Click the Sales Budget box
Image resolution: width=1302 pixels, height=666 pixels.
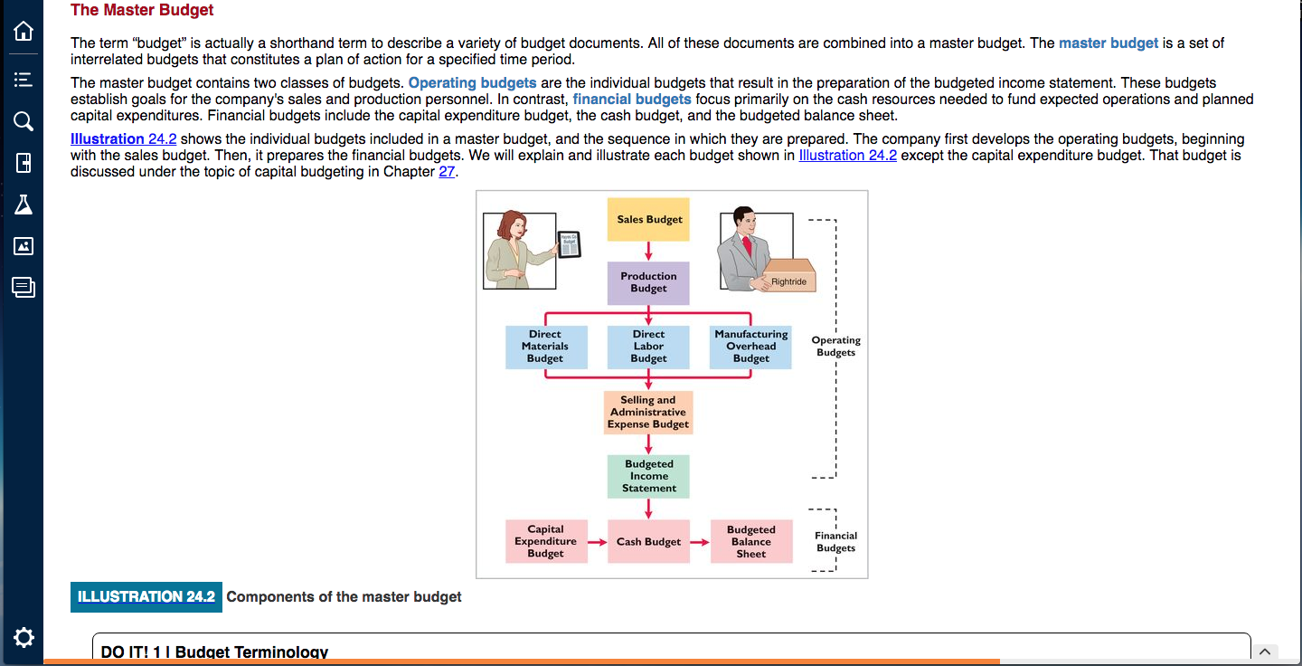pos(648,219)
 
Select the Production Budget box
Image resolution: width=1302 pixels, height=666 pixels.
pos(648,282)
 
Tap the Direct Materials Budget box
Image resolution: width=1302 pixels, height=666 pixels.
pos(546,347)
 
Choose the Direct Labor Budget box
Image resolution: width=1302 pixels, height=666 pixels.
pos(648,347)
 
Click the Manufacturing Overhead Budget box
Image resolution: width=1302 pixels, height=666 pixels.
pos(750,347)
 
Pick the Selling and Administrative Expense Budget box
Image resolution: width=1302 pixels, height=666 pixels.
pos(648,413)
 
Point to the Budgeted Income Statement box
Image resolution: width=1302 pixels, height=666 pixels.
pos(648,476)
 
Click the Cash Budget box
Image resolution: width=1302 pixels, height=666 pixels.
pos(648,541)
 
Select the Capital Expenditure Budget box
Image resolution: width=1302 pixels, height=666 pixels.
pos(546,541)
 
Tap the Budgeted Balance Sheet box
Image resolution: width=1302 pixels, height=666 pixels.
pos(751,541)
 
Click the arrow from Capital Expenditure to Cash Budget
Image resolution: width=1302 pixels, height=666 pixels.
pos(598,542)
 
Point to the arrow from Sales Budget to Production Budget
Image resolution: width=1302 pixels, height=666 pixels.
pos(648,252)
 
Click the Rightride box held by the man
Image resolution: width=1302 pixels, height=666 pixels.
pos(788,276)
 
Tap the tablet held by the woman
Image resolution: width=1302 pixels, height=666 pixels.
pos(569,244)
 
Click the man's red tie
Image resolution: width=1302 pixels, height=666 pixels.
pos(748,245)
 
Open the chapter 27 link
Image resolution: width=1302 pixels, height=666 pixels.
pos(447,172)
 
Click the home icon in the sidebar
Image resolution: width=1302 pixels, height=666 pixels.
pos(24,31)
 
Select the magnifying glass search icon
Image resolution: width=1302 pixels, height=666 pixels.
pos(24,121)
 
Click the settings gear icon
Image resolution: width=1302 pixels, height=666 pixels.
pos(24,638)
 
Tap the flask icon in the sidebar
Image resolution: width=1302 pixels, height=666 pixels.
pos(24,205)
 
